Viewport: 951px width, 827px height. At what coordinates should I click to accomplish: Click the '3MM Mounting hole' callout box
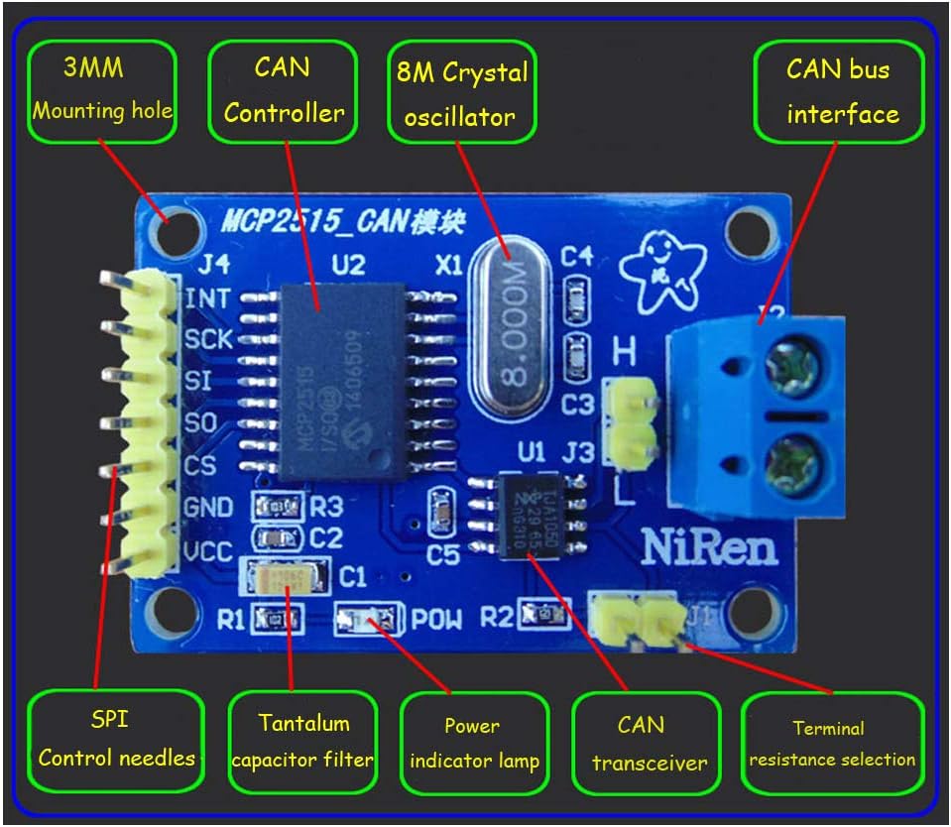(103, 91)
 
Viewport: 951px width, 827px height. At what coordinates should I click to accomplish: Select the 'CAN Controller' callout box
(284, 91)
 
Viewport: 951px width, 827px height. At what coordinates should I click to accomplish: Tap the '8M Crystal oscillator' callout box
(460, 91)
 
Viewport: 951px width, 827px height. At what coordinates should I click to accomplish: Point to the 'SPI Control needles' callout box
(116, 739)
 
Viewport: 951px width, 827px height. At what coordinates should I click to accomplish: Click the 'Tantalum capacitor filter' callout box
(302, 742)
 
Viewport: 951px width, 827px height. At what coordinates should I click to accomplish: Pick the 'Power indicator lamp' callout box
(474, 744)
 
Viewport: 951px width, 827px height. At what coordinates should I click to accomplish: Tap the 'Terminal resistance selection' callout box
(832, 744)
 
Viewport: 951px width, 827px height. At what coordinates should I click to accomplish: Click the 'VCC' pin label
(208, 551)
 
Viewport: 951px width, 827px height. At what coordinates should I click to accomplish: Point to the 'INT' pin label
(208, 297)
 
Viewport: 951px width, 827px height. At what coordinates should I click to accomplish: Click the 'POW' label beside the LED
(437, 621)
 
